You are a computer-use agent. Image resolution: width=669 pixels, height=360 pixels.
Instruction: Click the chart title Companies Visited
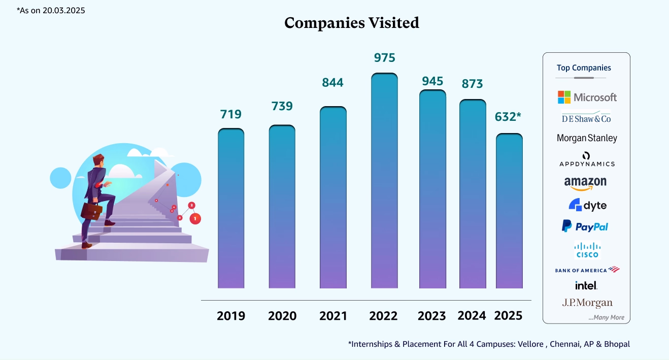352,23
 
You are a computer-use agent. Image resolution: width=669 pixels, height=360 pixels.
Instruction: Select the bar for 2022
384,181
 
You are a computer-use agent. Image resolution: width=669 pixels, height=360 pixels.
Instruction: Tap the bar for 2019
231,208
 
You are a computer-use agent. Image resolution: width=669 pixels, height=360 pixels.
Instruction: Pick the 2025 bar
509,211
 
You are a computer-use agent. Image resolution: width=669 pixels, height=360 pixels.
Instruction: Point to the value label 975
384,58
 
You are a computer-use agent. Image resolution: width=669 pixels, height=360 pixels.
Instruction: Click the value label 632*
509,117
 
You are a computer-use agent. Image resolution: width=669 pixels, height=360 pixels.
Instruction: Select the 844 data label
333,82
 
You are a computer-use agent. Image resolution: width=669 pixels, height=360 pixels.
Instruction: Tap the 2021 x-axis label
333,316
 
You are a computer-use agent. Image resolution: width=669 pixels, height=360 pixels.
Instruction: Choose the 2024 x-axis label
472,315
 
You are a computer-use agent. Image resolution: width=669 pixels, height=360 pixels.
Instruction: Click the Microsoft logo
587,97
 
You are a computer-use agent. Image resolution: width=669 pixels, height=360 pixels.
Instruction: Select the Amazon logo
585,183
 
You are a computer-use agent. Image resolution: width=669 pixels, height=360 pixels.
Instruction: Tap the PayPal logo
585,226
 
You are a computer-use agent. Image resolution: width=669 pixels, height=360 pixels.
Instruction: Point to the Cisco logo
587,250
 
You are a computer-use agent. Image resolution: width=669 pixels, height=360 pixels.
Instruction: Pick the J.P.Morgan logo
587,303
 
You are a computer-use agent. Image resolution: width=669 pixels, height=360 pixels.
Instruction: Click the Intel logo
586,285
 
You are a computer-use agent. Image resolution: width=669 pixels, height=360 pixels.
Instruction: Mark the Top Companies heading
584,68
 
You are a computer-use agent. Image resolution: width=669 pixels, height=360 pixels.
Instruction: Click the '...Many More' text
606,318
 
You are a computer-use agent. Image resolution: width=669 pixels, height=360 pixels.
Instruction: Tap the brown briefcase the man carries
91,211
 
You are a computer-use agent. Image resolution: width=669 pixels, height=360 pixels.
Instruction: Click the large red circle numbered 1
195,218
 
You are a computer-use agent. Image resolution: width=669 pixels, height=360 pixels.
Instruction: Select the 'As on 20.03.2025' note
51,10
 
